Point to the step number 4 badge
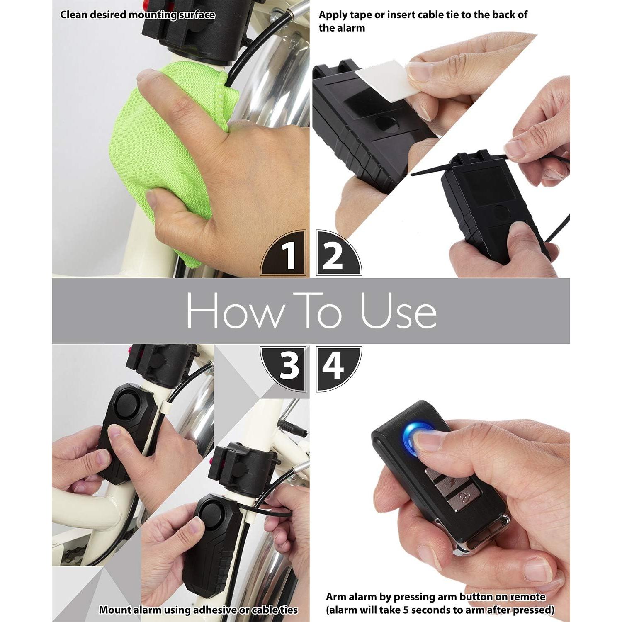[334, 367]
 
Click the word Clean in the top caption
[74, 15]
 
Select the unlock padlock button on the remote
[465, 496]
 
